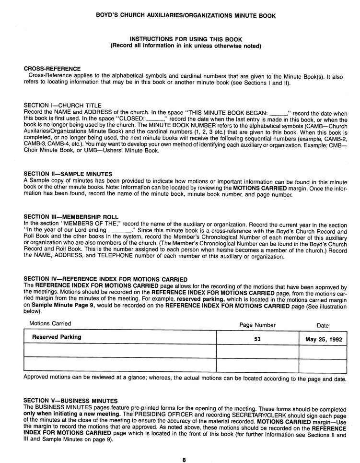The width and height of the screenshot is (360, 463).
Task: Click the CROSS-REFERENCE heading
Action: click(52, 69)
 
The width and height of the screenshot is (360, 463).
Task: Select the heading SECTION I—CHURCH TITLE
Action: click(62, 105)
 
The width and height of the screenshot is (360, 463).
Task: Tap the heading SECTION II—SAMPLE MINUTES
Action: click(68, 174)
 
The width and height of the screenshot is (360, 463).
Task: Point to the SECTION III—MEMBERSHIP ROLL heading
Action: click(71, 217)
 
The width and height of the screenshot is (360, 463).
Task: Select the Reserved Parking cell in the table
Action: click(57, 337)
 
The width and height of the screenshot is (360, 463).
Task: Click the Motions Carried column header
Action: click(50, 324)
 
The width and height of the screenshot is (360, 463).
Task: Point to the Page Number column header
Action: click(257, 325)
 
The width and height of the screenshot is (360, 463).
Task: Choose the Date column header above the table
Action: click(323, 325)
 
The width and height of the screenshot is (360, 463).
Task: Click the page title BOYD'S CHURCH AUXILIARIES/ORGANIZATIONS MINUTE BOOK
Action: click(186, 16)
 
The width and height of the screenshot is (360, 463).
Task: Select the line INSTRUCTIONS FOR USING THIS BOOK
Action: click(186, 39)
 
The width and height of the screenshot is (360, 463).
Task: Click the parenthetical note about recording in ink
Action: click(186, 46)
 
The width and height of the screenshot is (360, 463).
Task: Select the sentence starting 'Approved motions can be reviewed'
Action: click(185, 379)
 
